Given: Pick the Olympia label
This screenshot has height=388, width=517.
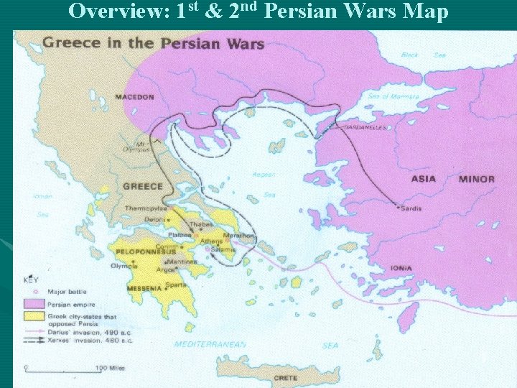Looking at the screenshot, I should click(123, 265).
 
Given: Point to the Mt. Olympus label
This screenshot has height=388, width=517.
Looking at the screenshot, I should click(141, 147).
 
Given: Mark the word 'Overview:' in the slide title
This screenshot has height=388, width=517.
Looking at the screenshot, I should click(118, 12).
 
